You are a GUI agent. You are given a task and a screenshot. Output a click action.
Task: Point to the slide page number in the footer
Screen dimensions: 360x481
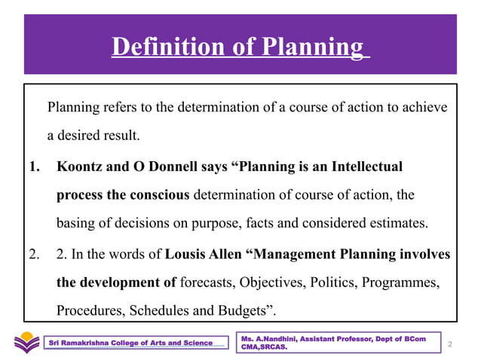click(449, 343)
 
